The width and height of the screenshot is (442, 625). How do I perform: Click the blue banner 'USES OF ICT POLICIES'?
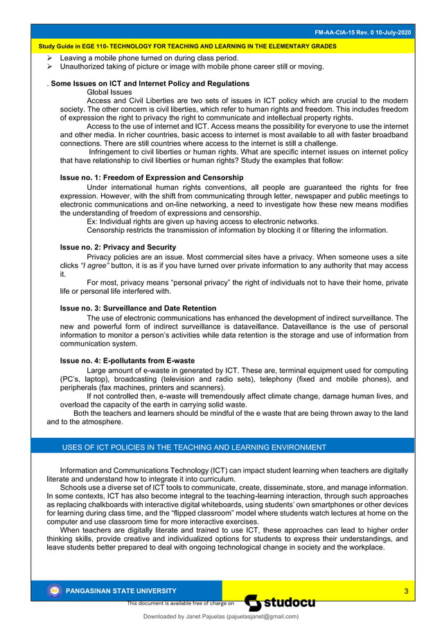coord(194,447)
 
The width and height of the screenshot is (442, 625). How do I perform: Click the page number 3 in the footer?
coord(406,590)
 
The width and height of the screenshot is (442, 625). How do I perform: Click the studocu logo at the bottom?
coord(281,602)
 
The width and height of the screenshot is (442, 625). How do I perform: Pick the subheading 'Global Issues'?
coord(109,91)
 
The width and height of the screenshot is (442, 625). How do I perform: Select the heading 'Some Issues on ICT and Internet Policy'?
coord(139,83)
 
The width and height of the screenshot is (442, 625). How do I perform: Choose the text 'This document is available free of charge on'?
coord(182,604)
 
